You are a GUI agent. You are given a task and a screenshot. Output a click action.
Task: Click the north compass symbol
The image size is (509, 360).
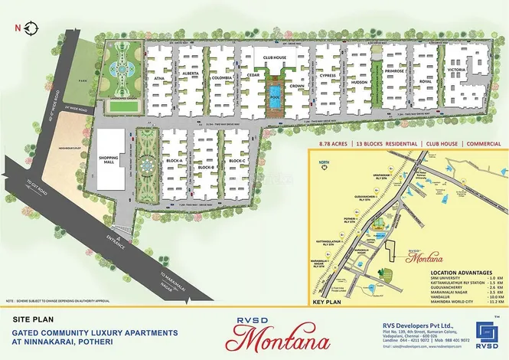pos(28,28)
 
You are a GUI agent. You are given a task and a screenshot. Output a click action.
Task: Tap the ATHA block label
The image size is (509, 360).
pos(159,77)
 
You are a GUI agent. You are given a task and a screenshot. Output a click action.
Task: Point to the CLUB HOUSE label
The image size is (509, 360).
pos(275,57)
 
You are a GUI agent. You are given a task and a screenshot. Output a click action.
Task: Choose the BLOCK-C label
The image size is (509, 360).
pos(237,161)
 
